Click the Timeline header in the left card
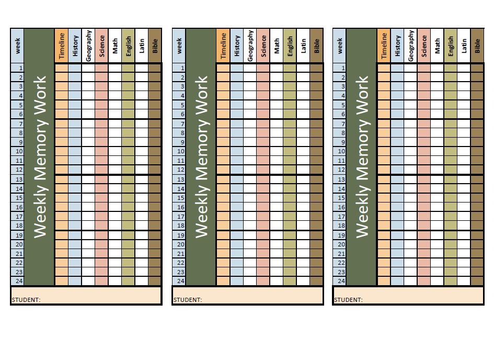[62, 46]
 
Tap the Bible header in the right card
[477, 46]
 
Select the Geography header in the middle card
[250, 46]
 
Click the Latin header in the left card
[141, 46]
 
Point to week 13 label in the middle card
[179, 179]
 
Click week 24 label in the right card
[339, 281]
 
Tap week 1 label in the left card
[17, 68]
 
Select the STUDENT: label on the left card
[26, 300]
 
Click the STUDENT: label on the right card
[348, 300]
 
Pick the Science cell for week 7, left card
[101, 124]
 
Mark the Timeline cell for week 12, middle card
[223, 170]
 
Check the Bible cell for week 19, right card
[477, 235]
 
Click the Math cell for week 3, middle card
[277, 86]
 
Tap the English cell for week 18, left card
[128, 226]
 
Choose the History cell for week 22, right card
[397, 263]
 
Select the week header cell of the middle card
[179, 46]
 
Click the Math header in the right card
[438, 46]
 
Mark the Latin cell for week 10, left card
[141, 151]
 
